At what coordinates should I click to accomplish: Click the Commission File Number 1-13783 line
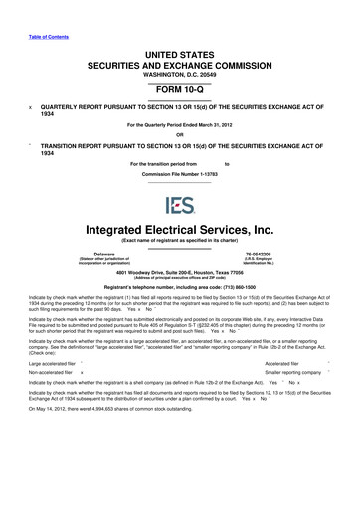[x=179, y=170]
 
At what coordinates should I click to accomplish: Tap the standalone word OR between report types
[x=179, y=134]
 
